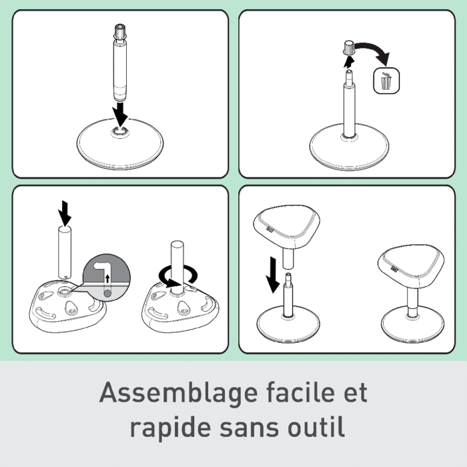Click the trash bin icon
click(386, 81)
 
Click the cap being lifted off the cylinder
click(348, 47)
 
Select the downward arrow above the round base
click(120, 114)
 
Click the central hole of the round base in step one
click(119, 131)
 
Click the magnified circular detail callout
click(106, 278)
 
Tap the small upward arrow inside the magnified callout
click(107, 279)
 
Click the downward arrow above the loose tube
click(65, 213)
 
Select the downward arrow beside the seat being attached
click(272, 275)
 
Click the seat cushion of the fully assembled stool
click(411, 266)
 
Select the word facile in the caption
click(302, 392)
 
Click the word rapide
click(169, 428)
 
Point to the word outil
click(316, 427)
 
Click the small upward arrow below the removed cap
click(349, 62)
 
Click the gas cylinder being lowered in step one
click(119, 63)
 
